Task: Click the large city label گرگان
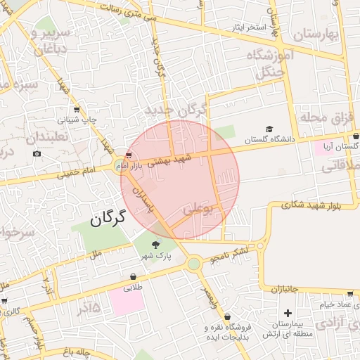point(108,219)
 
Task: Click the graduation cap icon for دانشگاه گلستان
point(269,129)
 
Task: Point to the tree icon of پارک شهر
point(155,245)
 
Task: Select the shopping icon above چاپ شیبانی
point(76,109)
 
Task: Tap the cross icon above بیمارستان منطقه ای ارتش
point(287,312)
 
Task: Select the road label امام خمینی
point(79,172)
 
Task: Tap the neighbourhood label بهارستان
point(315,34)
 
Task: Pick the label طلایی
point(133,287)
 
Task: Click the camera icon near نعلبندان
point(36,153)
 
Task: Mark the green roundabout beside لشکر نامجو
point(193,264)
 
